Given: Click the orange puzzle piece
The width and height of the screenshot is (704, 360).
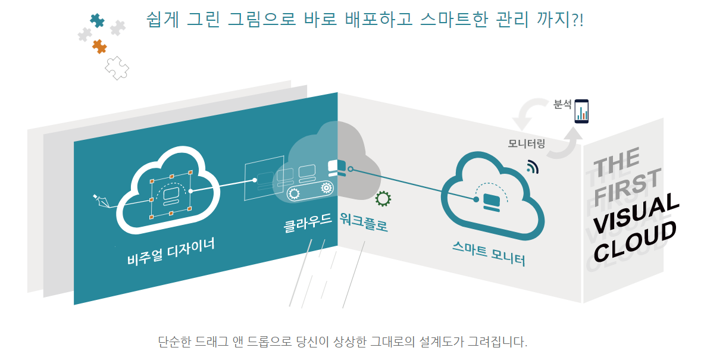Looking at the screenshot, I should pyautogui.click(x=99, y=46).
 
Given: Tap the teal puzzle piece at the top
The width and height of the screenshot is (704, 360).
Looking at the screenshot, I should pyautogui.click(x=97, y=21).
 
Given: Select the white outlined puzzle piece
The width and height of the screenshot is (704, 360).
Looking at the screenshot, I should pyautogui.click(x=117, y=68).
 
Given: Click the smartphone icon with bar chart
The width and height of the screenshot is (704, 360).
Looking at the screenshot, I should pyautogui.click(x=582, y=111).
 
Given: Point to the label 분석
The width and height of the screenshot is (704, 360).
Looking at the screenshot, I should pyautogui.click(x=562, y=105).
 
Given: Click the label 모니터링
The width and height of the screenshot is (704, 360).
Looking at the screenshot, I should pyautogui.click(x=527, y=143).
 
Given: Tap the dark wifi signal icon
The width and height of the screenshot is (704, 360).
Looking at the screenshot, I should pyautogui.click(x=532, y=167).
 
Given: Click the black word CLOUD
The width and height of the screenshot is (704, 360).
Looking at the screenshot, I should pyautogui.click(x=636, y=241).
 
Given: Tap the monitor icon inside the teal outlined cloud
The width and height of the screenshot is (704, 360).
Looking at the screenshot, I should pyautogui.click(x=492, y=201).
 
